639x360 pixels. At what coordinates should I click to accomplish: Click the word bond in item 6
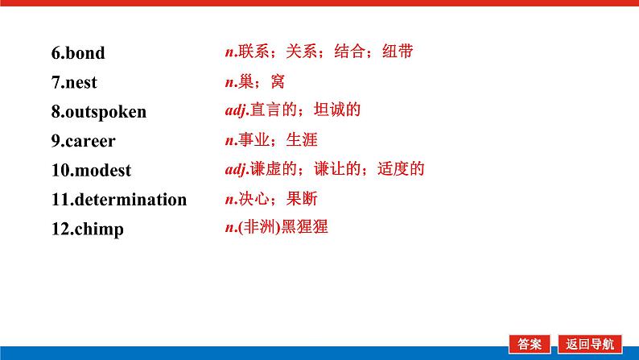[85, 54]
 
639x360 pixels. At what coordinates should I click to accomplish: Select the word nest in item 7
[80, 83]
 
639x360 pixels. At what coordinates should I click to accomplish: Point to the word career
[89, 141]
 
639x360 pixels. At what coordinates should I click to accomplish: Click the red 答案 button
[530, 343]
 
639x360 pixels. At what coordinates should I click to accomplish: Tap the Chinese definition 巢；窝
[260, 81]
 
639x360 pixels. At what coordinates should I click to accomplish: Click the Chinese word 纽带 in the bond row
[396, 52]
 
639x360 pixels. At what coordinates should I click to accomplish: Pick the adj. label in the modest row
[237, 170]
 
